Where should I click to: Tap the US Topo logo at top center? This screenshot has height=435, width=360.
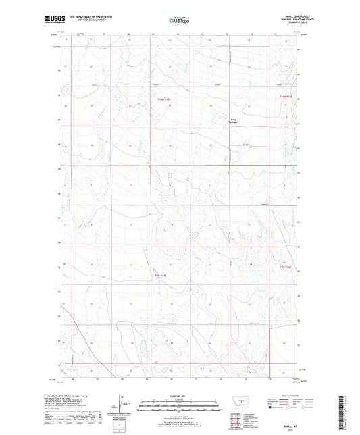click(180, 21)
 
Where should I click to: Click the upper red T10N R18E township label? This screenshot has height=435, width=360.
click(286, 99)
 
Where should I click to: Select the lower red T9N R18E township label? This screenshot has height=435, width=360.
click(286, 267)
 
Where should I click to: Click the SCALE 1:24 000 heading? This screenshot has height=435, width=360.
click(180, 396)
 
